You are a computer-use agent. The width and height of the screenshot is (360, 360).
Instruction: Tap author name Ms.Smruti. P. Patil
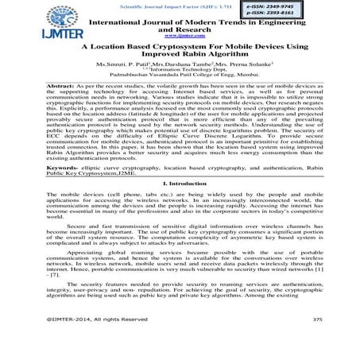[124, 65]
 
